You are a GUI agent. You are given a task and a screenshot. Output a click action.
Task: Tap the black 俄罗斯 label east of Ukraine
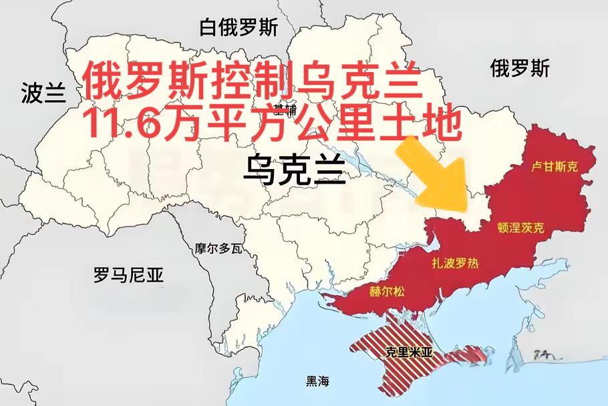point(519,68)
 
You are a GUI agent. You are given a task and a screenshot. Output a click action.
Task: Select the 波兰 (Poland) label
point(43,93)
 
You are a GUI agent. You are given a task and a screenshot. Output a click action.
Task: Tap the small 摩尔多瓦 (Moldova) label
point(218,248)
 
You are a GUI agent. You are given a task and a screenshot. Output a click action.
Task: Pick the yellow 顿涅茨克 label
point(521,228)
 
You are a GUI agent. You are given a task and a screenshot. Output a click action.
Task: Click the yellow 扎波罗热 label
point(456,263)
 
